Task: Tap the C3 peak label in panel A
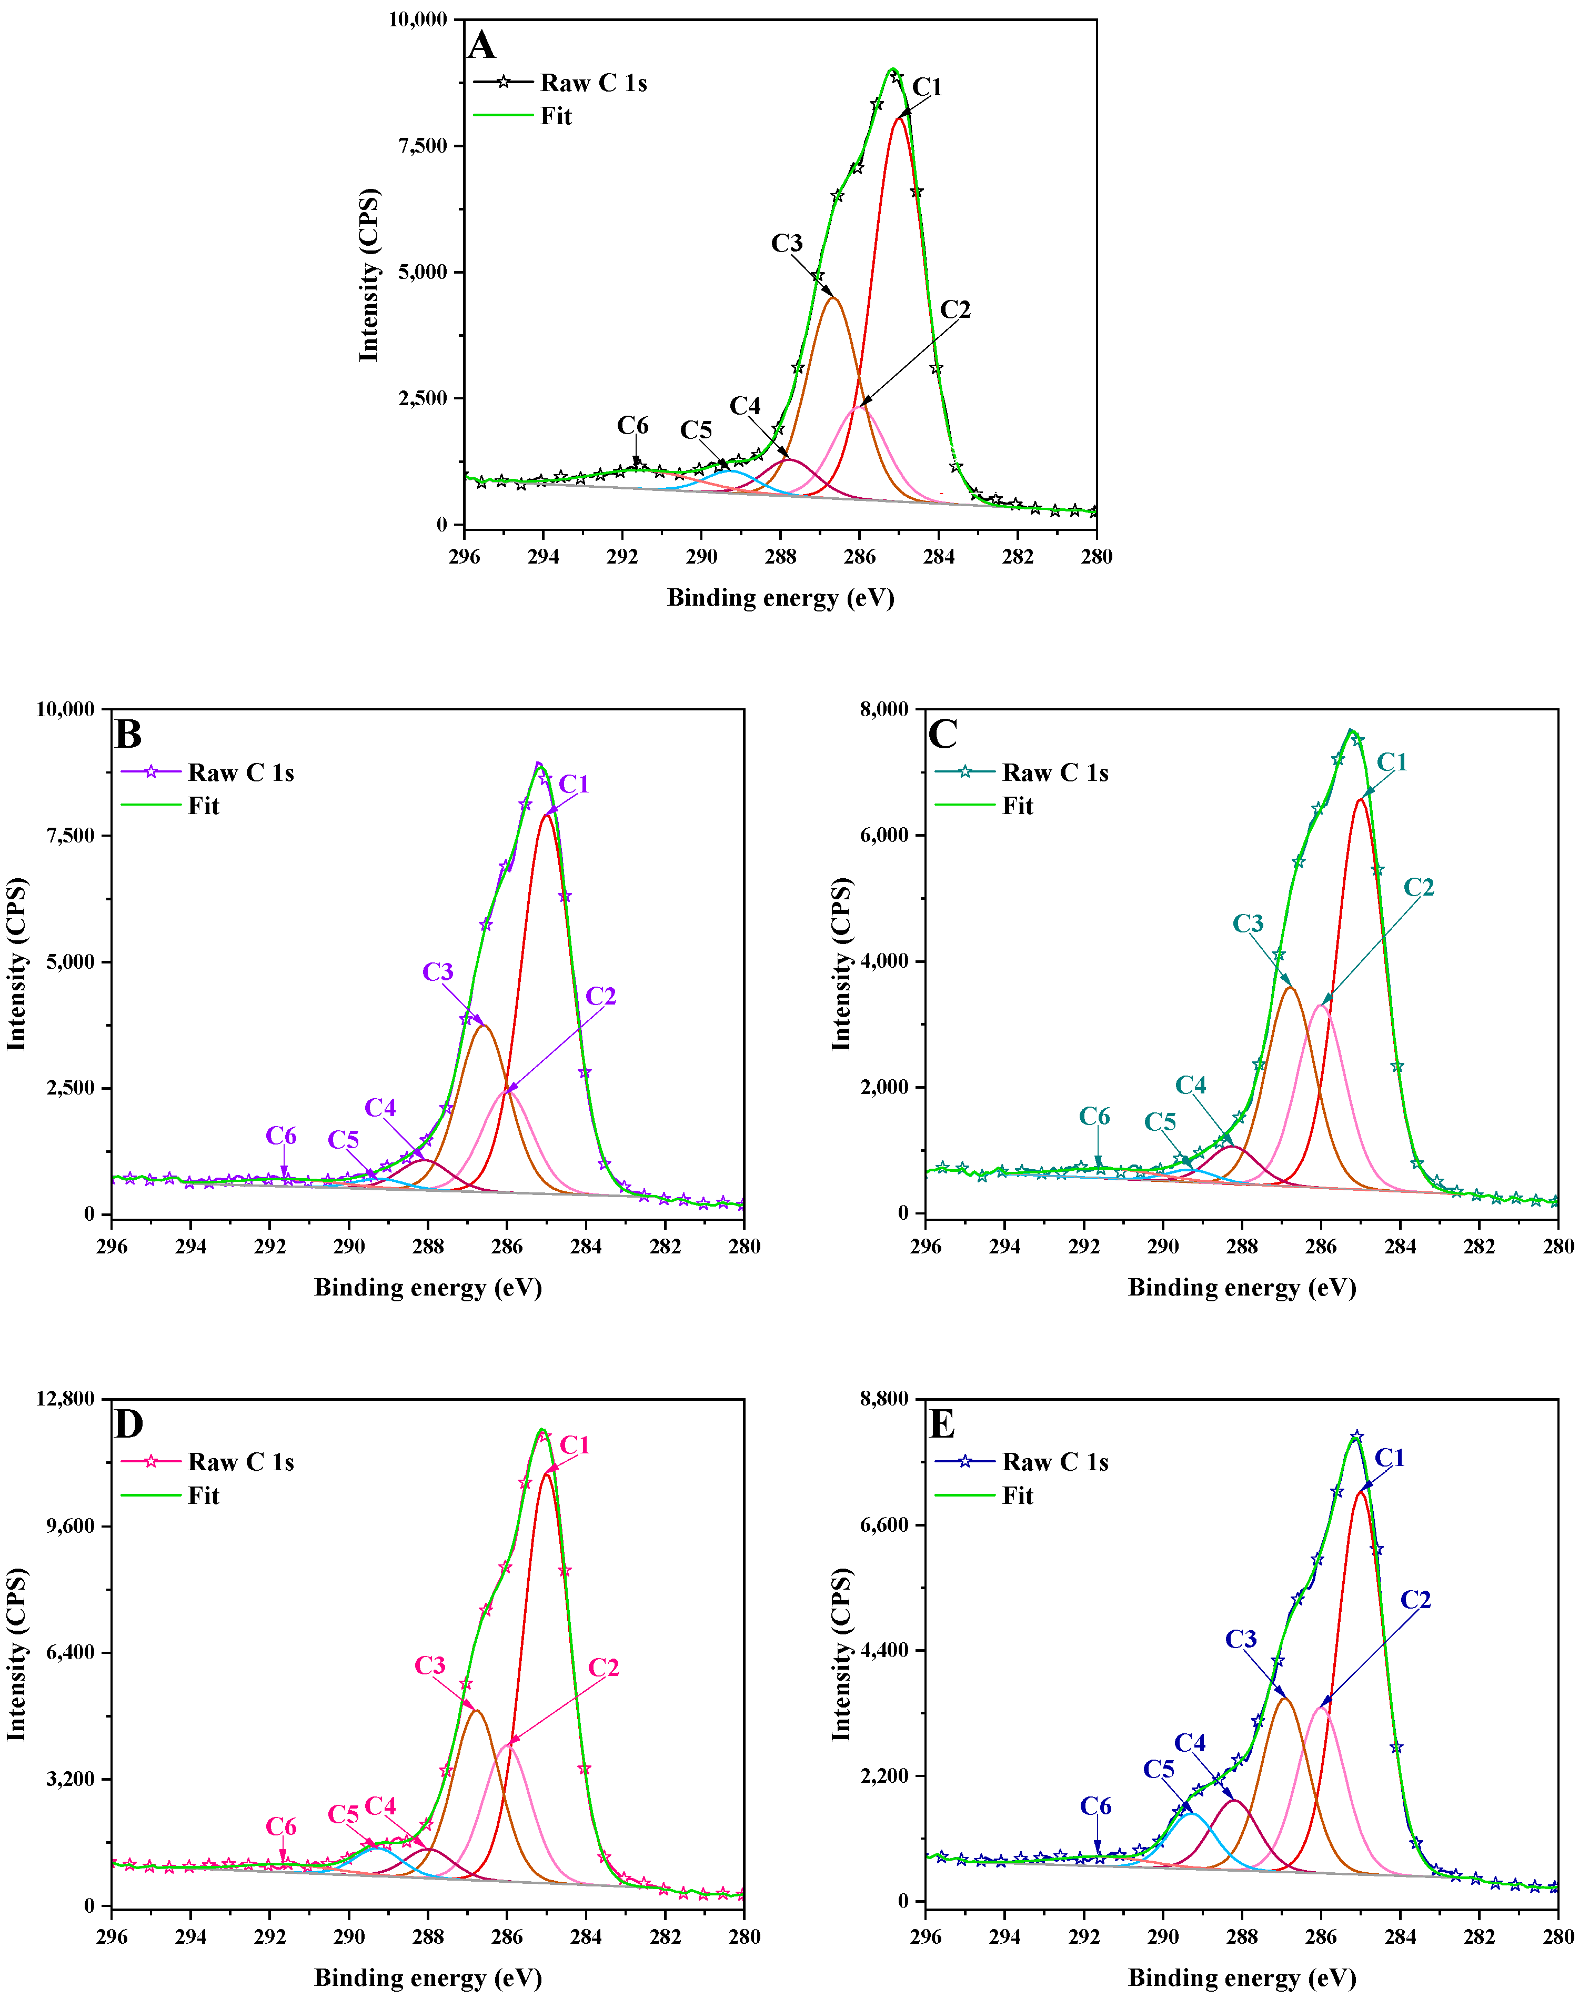pyautogui.click(x=787, y=243)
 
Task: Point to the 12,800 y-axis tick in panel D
pyautogui.click(x=65, y=1399)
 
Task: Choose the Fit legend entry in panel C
pyautogui.click(x=1017, y=805)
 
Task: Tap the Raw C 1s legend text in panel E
pyautogui.click(x=1055, y=1462)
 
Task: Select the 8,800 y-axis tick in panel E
pyautogui.click(x=884, y=1399)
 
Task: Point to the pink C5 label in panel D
pyautogui.click(x=343, y=1814)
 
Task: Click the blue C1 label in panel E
pyautogui.click(x=1390, y=1458)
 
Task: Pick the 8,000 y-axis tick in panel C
pyautogui.click(x=884, y=709)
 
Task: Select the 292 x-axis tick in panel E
pyautogui.click(x=1083, y=1936)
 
